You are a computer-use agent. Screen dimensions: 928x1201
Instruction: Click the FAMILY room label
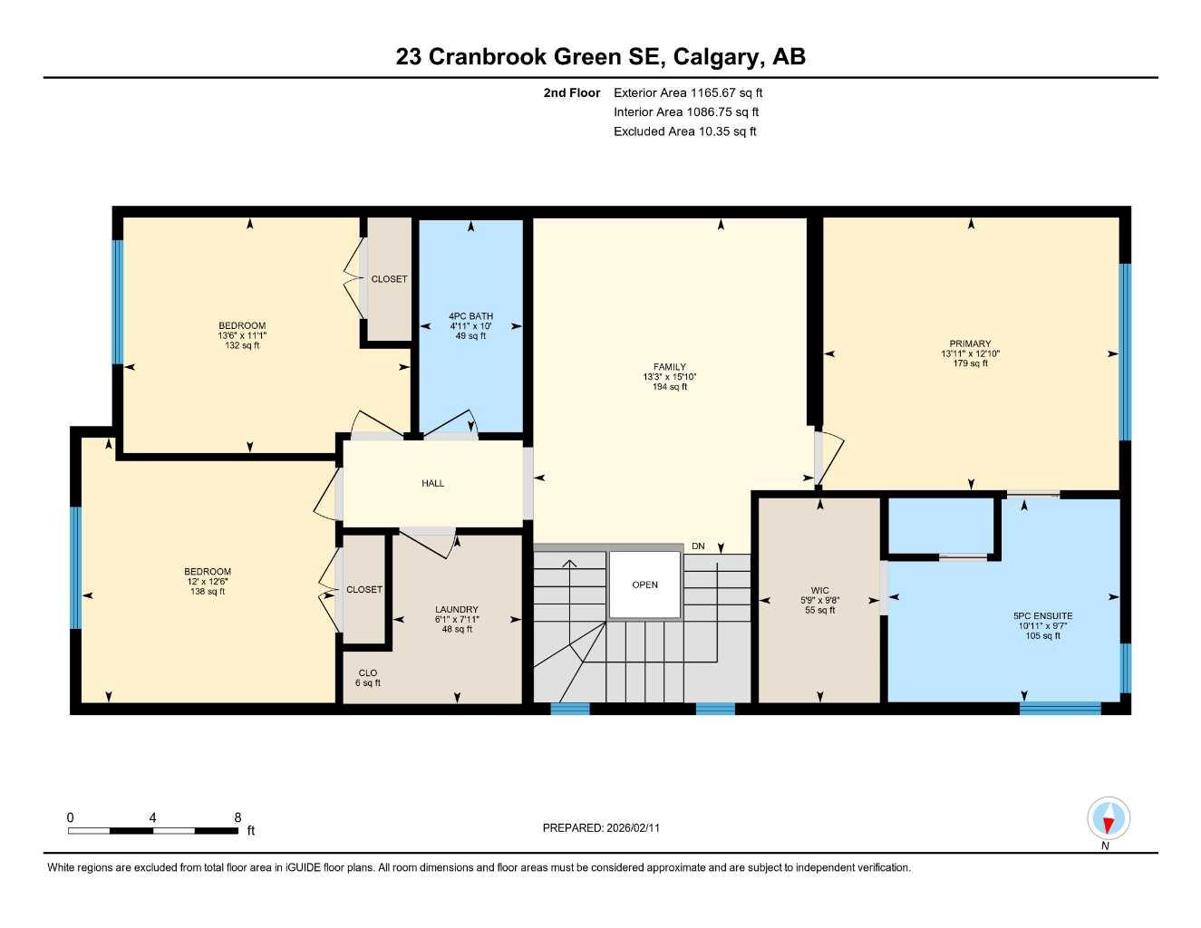click(669, 367)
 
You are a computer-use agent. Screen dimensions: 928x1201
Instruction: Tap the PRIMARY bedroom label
click(970, 343)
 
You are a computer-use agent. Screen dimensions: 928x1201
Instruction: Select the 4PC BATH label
click(470, 316)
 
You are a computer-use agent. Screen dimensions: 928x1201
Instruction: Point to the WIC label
click(819, 590)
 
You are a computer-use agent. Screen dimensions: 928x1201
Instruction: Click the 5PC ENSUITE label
click(1042, 615)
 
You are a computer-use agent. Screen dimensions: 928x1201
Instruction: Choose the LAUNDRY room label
click(456, 609)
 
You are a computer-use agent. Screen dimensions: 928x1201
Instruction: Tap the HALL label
click(432, 483)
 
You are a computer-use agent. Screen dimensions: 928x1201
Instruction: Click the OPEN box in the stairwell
click(644, 585)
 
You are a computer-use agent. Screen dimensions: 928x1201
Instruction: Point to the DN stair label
click(698, 546)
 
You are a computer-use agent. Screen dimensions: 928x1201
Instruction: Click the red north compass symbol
click(1108, 818)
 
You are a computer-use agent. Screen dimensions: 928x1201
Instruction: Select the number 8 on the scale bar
click(237, 817)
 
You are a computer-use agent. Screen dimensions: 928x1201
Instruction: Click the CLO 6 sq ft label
click(367, 678)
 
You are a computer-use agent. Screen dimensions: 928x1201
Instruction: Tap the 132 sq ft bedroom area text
click(242, 345)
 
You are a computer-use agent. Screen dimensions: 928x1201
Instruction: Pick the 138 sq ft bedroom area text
click(208, 592)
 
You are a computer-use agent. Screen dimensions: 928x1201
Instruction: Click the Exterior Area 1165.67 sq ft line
click(687, 92)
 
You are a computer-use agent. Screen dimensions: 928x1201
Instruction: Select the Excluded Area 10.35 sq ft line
click(684, 131)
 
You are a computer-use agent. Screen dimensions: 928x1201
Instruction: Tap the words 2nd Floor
click(571, 92)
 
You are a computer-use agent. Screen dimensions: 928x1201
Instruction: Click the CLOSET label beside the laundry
click(363, 589)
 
